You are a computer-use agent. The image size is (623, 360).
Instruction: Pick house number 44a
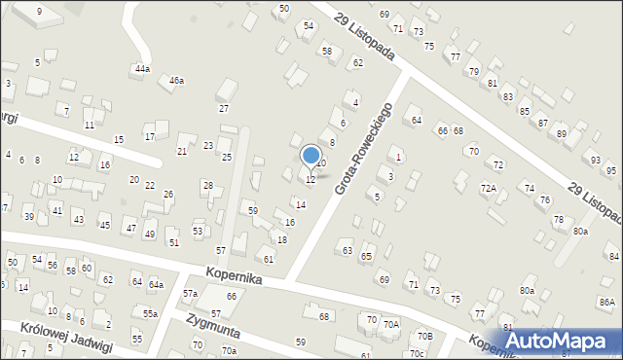pyautogui.click(x=142, y=69)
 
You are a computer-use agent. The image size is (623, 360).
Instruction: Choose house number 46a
pyautogui.click(x=176, y=81)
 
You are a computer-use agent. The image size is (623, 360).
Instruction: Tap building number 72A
pyautogui.click(x=489, y=188)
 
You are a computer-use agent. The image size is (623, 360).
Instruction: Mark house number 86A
pyautogui.click(x=607, y=303)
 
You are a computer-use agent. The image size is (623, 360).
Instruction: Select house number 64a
pyautogui.click(x=156, y=284)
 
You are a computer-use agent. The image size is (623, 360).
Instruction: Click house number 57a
pyautogui.click(x=191, y=293)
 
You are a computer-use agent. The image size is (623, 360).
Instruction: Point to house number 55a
pyautogui.click(x=150, y=313)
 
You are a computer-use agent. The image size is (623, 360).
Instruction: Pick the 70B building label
pyautogui.click(x=424, y=336)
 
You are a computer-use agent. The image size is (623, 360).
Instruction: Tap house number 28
pyautogui.click(x=207, y=185)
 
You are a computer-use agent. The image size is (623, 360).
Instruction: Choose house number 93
pyautogui.click(x=596, y=160)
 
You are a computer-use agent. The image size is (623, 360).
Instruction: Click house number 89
pyautogui.click(x=561, y=133)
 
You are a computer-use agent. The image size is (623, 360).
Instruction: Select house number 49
pyautogui.click(x=150, y=234)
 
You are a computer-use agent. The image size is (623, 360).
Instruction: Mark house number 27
pyautogui.click(x=224, y=108)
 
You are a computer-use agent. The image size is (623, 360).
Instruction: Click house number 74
pyautogui.click(x=530, y=188)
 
